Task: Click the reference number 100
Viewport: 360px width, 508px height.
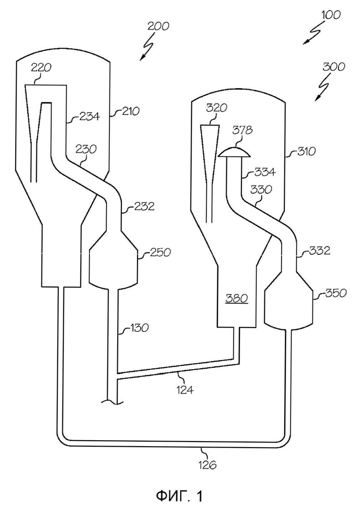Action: tap(331, 15)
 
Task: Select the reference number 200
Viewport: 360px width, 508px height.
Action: tap(158, 26)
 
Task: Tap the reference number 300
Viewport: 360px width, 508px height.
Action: tap(334, 67)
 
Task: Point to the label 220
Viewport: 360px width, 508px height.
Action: tap(41, 68)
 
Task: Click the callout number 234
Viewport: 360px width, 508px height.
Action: tap(90, 116)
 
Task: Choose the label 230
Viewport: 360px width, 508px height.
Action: tap(86, 149)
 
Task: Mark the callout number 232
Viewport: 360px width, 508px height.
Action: tap(144, 206)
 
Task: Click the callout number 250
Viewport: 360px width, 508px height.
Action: tap(160, 252)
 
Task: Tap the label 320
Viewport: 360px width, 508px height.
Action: tap(217, 108)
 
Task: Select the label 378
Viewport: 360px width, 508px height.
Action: tap(243, 130)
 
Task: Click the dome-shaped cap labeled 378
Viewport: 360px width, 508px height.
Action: tap(234, 152)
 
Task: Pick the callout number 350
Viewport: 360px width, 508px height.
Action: tap(336, 293)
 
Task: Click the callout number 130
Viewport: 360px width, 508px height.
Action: tap(139, 328)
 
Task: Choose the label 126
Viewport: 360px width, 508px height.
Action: tap(207, 465)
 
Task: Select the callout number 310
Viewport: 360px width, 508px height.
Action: tap(306, 151)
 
